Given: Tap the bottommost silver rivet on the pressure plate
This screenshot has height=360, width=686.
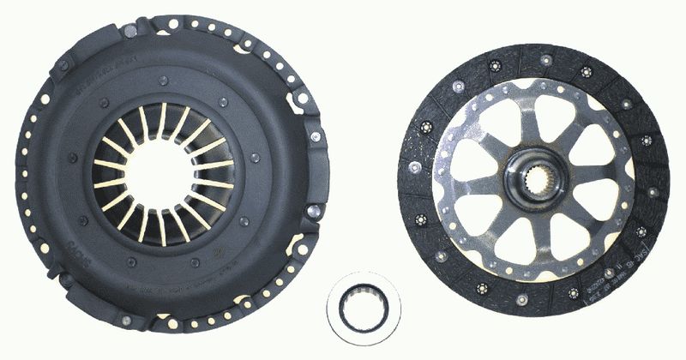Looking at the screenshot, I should coord(126,320).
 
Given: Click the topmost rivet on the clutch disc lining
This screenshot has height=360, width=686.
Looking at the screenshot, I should coord(545,59).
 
